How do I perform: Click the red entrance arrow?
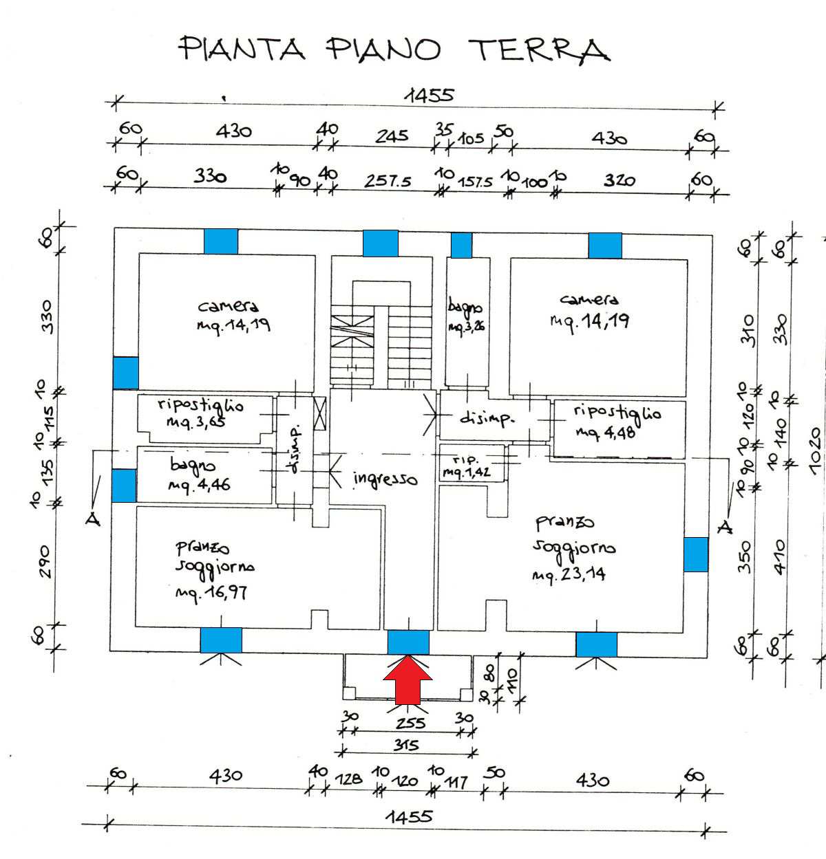pyautogui.click(x=407, y=680)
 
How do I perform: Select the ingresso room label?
pyautogui.click(x=385, y=478)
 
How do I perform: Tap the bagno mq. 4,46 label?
pyautogui.click(x=199, y=475)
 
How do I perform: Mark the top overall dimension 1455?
pyautogui.click(x=429, y=95)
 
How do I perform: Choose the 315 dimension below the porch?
pyautogui.click(x=407, y=745)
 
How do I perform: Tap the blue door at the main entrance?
pyautogui.click(x=408, y=642)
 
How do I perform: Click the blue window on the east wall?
pyautogui.click(x=695, y=554)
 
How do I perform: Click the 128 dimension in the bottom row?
pyautogui.click(x=350, y=779)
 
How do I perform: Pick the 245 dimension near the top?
pyautogui.click(x=391, y=136)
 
